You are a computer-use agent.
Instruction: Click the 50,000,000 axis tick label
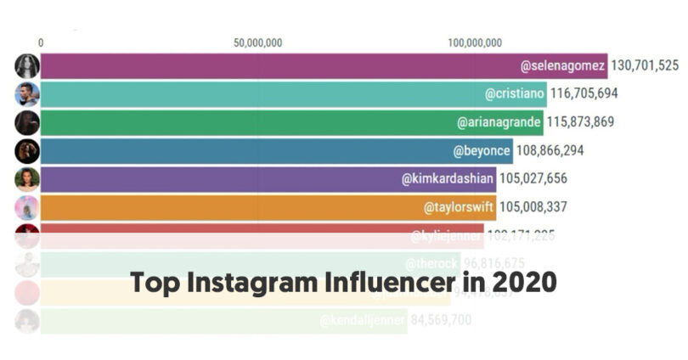pyautogui.click(x=257, y=43)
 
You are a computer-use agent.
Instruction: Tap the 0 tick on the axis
pyautogui.click(x=41, y=43)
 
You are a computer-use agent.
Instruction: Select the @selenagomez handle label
pyautogui.click(x=563, y=65)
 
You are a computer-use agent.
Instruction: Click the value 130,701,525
pyautogui.click(x=645, y=65)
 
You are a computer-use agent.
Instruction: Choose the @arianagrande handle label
pyautogui.click(x=499, y=122)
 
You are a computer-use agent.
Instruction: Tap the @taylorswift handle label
pyautogui.click(x=458, y=206)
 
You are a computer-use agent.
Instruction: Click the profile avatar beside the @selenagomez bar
pyautogui.click(x=26, y=66)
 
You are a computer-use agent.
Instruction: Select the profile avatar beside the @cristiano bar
pyautogui.click(x=26, y=94)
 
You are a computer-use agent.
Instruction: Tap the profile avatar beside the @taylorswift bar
pyautogui.click(x=26, y=207)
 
